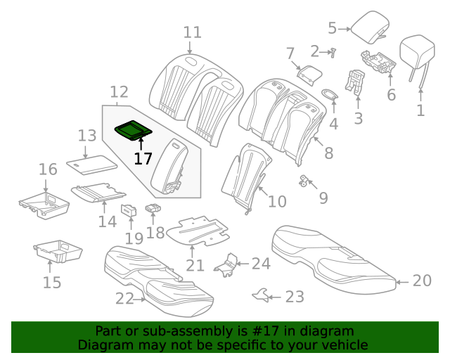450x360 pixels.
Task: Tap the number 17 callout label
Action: point(143,158)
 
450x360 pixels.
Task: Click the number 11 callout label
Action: point(192,32)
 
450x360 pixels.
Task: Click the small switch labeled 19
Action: point(130,209)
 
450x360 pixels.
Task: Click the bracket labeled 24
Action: point(226,264)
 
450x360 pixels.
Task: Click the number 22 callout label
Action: point(124,299)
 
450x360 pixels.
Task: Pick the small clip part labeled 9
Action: point(305,181)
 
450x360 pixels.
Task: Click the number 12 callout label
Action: point(119,91)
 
